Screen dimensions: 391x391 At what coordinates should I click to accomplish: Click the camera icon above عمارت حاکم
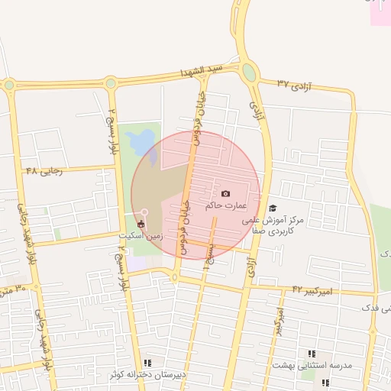(x=225, y=194)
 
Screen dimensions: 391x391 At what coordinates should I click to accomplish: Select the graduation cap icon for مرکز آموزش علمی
(x=273, y=208)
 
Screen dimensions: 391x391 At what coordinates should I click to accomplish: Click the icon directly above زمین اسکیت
(x=141, y=224)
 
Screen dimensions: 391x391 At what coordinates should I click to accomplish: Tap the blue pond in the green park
(x=142, y=143)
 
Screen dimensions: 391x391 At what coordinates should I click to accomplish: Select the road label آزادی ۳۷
(x=296, y=83)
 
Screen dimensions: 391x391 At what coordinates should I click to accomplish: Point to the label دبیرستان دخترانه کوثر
(x=146, y=375)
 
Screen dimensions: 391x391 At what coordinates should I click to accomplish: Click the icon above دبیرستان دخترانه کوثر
(x=147, y=363)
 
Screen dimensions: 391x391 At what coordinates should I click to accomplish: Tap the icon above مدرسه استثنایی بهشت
(x=312, y=354)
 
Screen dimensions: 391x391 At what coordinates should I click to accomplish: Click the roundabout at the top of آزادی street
(x=249, y=73)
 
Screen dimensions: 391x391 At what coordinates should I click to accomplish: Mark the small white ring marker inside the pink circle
(x=144, y=212)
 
